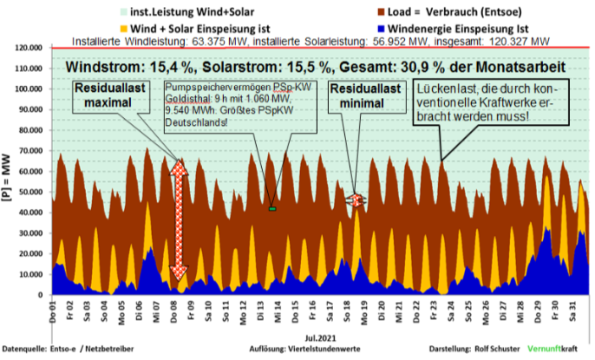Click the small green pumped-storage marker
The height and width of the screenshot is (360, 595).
272,209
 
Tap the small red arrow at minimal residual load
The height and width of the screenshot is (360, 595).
356,200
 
